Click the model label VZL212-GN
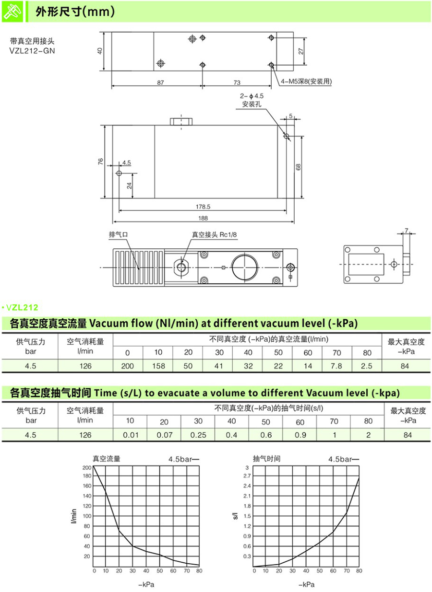pos(32,50)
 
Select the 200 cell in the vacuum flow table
pos(128,366)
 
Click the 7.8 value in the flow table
pos(337,366)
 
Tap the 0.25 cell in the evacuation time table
pos(198,435)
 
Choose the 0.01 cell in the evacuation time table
pos(130,435)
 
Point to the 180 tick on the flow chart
pos(86,476)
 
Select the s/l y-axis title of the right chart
pos(235,517)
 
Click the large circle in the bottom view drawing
pos(245,267)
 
